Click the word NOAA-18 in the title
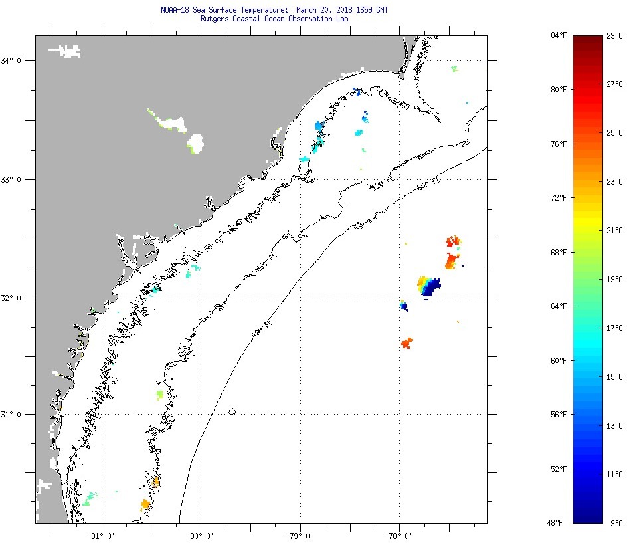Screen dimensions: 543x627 pyautogui.click(x=175, y=11)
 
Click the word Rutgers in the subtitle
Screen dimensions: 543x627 pyautogui.click(x=215, y=19)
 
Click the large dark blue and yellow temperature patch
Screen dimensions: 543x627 pyautogui.click(x=429, y=286)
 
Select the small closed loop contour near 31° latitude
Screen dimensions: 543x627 pyautogui.click(x=232, y=411)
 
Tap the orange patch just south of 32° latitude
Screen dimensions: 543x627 pyautogui.click(x=406, y=343)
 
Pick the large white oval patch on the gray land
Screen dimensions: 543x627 pyautogui.click(x=195, y=142)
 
